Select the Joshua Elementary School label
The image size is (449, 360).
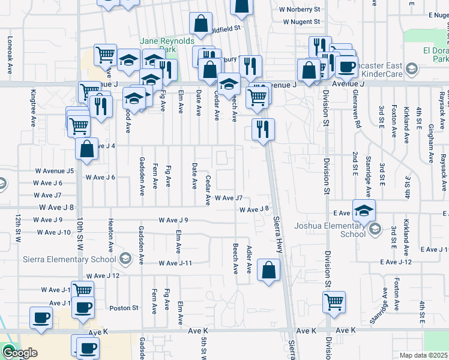[330, 230]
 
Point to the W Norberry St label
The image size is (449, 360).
[300, 10]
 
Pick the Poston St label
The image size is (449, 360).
[124, 308]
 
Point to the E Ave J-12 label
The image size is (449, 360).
[396, 262]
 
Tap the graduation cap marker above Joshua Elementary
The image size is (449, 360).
[364, 211]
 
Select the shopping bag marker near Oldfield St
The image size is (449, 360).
[200, 24]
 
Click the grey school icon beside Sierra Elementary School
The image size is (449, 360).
[125, 259]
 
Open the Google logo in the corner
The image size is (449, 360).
[20, 353]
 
